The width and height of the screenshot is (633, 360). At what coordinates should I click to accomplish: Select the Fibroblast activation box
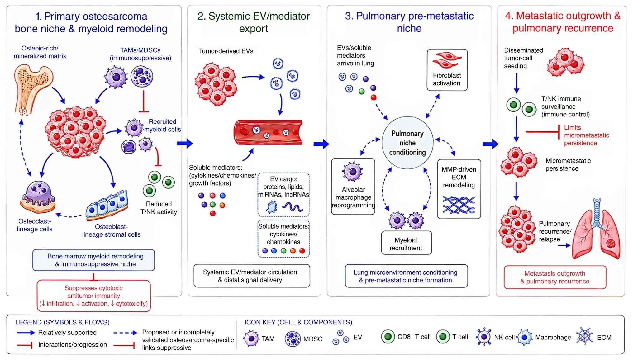coord(447,70)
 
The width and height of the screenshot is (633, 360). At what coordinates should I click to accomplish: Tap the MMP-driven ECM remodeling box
coord(459,189)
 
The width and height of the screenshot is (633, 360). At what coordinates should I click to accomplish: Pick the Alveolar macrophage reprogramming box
coord(353,187)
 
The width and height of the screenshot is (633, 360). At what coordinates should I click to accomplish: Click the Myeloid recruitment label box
coord(406,243)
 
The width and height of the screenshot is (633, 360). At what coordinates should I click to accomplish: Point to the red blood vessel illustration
coord(268,132)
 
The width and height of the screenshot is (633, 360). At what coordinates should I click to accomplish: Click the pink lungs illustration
coord(596,229)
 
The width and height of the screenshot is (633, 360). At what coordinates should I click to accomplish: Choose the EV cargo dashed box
coord(283,195)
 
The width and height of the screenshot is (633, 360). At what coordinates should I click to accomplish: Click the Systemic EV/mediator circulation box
coord(252,276)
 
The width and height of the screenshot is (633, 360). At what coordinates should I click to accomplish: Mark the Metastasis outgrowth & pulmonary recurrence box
coord(555,277)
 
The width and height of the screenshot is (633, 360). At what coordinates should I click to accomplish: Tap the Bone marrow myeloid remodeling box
coord(94,260)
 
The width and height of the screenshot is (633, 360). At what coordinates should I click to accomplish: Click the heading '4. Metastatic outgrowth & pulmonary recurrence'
coord(563,22)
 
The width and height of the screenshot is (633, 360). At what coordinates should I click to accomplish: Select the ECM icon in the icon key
coord(584,336)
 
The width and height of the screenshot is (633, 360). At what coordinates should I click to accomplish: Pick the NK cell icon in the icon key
coord(484,337)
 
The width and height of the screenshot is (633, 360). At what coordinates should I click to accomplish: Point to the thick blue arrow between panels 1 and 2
coord(185,143)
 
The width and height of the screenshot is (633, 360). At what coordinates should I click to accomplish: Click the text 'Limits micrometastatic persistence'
coord(587,135)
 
